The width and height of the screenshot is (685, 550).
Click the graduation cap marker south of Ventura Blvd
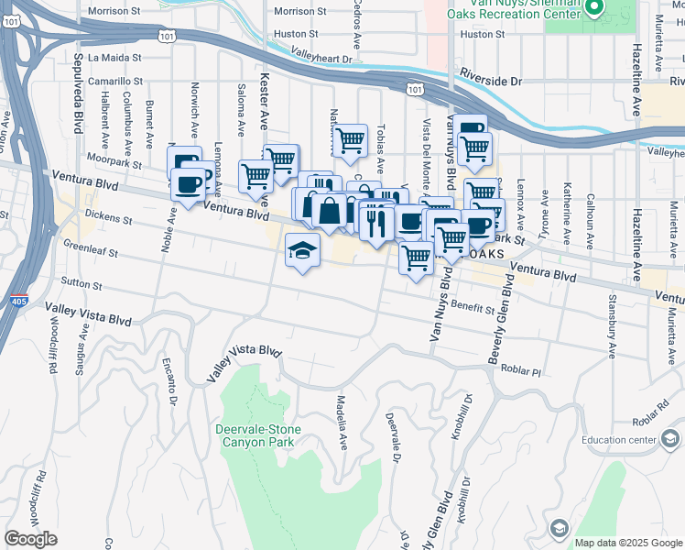(x=302, y=250)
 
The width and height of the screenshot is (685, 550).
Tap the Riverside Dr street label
(x=491, y=81)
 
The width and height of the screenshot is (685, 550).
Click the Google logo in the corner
(x=30, y=539)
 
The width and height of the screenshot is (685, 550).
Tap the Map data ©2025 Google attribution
(x=627, y=543)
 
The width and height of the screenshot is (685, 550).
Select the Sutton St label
(x=81, y=281)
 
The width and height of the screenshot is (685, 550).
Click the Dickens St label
(x=109, y=219)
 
